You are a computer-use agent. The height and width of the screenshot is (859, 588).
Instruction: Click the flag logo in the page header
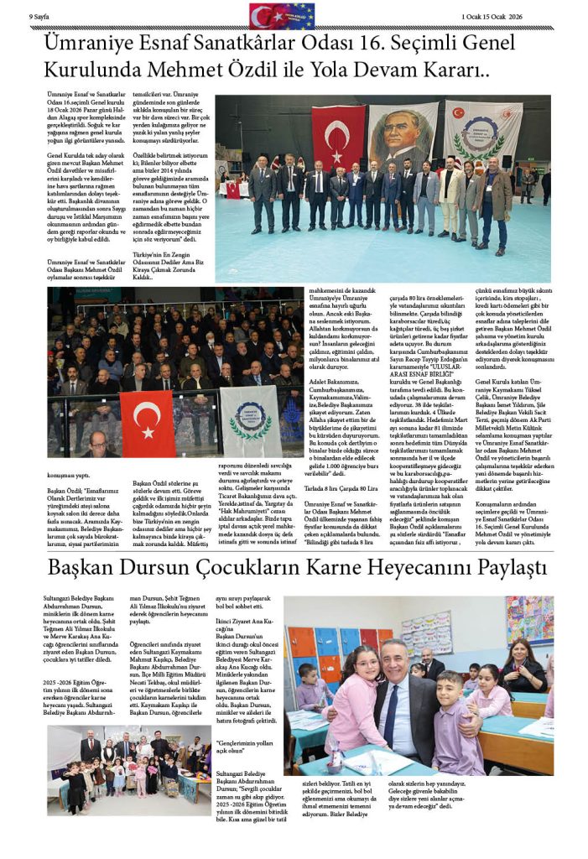point(282,16)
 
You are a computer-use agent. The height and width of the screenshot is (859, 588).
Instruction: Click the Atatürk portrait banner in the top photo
point(403,134)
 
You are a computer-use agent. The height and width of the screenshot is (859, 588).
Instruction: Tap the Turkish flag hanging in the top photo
point(338,137)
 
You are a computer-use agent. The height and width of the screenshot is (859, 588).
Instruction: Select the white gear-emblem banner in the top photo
point(482,134)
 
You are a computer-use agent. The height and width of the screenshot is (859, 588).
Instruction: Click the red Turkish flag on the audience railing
point(148,424)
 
